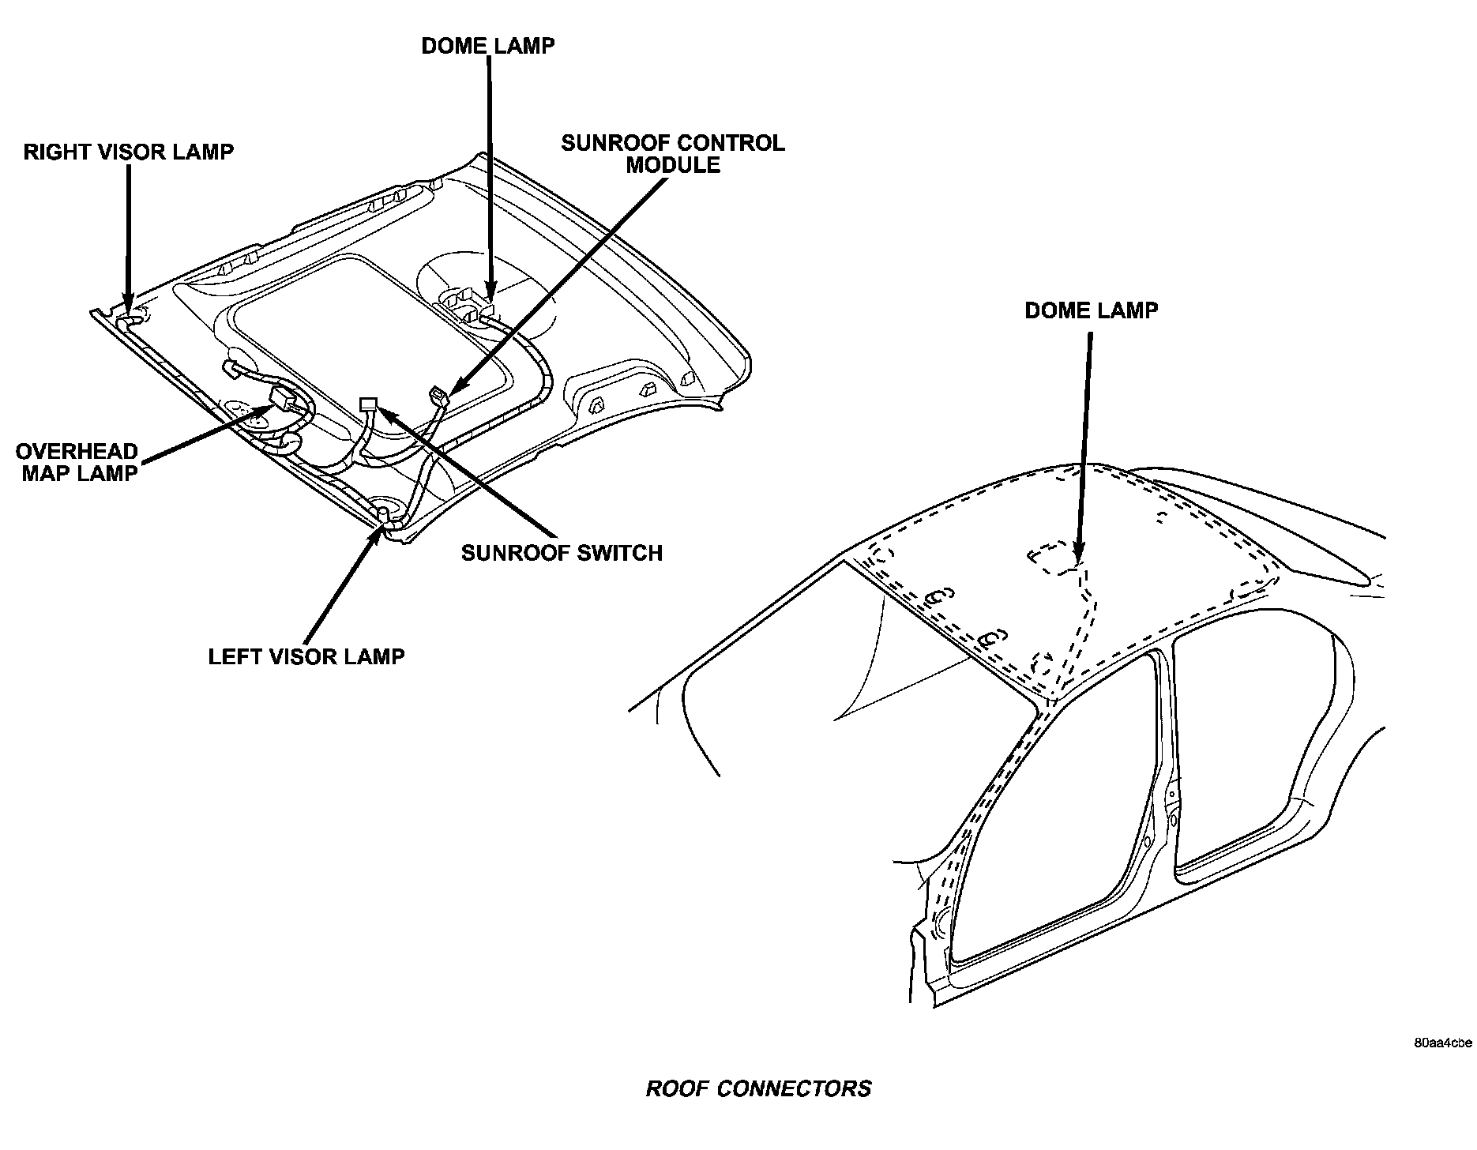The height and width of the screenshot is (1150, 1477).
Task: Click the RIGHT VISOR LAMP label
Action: click(129, 152)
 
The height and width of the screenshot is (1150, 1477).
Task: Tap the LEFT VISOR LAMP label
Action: click(306, 656)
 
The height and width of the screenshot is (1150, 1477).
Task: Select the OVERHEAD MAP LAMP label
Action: click(77, 462)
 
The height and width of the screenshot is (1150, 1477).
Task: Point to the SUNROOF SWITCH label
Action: click(562, 552)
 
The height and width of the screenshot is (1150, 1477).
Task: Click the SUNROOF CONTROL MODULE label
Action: click(673, 154)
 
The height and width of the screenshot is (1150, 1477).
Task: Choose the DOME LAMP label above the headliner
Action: click(487, 46)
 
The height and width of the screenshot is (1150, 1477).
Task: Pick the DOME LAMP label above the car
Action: click(1091, 310)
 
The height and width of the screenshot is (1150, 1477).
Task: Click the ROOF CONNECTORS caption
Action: click(758, 1088)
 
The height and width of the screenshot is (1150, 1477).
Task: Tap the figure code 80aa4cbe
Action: click(1443, 1043)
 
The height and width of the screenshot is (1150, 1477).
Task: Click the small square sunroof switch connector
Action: click(368, 404)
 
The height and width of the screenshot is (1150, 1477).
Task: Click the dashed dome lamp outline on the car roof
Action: click(1050, 558)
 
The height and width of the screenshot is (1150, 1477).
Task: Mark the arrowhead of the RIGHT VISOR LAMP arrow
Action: click(128, 304)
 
